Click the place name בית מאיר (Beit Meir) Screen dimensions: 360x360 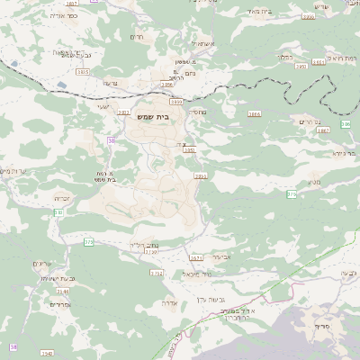(x=261, y=10)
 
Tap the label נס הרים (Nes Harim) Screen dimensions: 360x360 (x=308, y=121)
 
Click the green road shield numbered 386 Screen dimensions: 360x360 (x=346, y=124)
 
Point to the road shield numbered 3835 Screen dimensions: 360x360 (x=83, y=70)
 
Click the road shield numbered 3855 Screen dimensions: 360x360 (x=200, y=176)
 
